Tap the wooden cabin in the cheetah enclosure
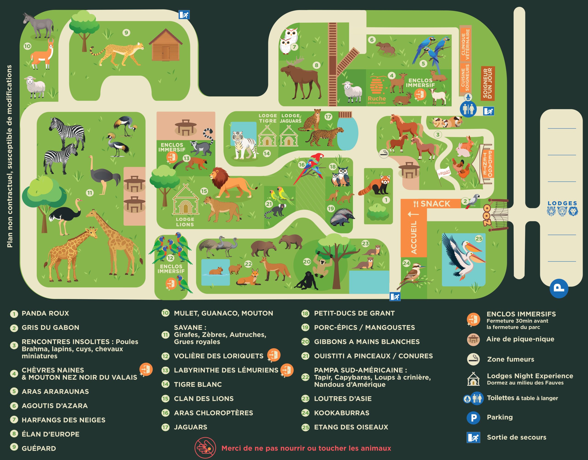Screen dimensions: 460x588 165,46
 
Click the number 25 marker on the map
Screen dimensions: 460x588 479,239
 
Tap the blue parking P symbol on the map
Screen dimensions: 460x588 559,288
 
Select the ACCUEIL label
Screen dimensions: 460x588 414,237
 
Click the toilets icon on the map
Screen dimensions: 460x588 468,109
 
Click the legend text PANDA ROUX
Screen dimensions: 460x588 45,313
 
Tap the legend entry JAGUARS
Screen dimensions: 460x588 190,427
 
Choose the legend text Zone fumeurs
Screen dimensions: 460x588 510,359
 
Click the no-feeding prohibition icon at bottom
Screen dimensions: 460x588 205,448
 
